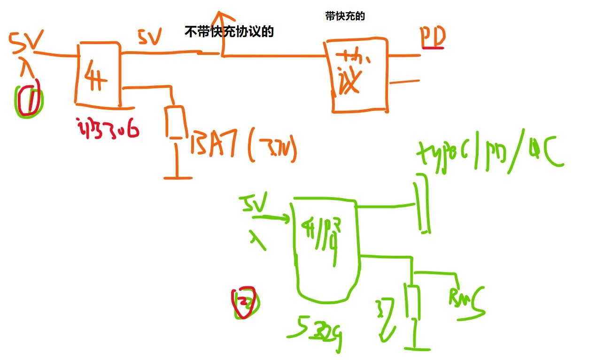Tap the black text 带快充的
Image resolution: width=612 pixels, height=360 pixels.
click(x=345, y=16)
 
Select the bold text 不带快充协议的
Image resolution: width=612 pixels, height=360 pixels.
click(x=230, y=32)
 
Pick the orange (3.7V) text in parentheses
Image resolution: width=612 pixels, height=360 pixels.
click(x=273, y=150)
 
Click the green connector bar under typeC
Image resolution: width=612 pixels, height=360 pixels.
click(x=423, y=204)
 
